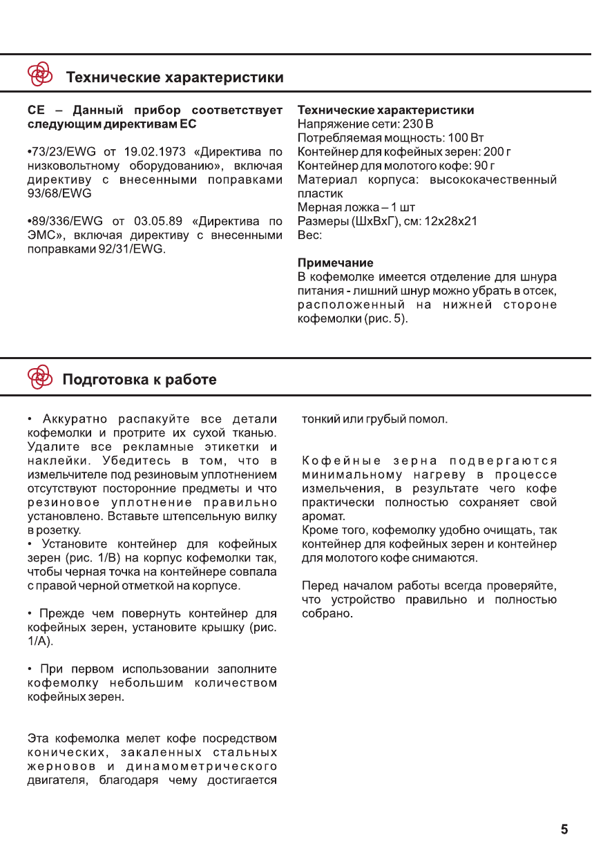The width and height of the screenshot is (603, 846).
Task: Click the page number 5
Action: click(x=564, y=829)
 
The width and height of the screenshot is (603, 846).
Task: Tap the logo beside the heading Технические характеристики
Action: click(x=40, y=73)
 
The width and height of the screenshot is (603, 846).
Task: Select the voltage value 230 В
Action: click(x=418, y=124)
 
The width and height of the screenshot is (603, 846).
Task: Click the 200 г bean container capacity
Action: click(x=497, y=152)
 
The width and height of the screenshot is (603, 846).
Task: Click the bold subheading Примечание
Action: click(x=335, y=263)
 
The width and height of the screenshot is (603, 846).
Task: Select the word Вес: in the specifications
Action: click(x=309, y=235)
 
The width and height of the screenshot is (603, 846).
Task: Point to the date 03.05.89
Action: click(x=158, y=221)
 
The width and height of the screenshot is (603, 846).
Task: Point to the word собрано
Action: click(x=327, y=613)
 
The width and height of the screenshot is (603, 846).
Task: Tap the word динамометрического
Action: click(x=202, y=767)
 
